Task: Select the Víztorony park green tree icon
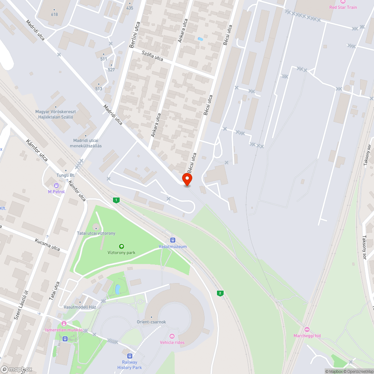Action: [121, 246]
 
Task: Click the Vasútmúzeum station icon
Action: [172, 240]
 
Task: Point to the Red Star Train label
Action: [343, 7]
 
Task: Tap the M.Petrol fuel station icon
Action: [56, 186]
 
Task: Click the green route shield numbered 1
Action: [117, 200]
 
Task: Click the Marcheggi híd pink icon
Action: [307, 329]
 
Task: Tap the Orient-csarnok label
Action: [151, 322]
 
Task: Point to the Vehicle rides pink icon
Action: [172, 336]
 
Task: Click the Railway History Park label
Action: [129, 365]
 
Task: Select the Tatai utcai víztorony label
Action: [96, 233]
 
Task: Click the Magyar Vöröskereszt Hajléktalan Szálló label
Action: [56, 114]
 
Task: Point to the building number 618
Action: [54, 14]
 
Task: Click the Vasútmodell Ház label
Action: [80, 307]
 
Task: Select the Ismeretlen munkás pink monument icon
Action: [64, 324]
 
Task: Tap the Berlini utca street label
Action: [133, 37]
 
